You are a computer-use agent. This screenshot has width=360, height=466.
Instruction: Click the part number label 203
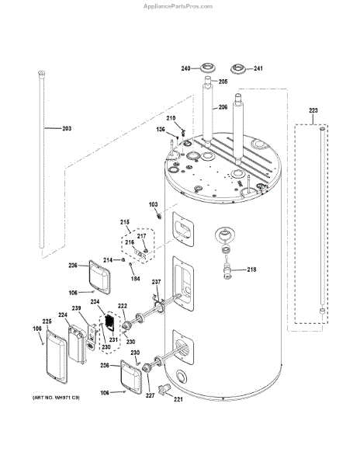tap(67, 128)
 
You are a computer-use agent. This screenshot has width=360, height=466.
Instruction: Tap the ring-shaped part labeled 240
tap(207, 68)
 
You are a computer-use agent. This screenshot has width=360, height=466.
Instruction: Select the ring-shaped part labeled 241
tap(238, 68)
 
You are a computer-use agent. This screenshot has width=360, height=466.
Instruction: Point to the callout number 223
tap(313, 110)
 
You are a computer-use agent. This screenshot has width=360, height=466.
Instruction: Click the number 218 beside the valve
tap(251, 270)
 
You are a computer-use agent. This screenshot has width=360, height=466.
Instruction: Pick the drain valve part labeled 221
tap(164, 389)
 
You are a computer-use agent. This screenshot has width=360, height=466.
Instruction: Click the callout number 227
tap(151, 395)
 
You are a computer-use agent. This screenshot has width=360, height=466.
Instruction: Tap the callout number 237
tap(157, 282)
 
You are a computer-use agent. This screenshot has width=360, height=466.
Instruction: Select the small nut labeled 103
tap(159, 215)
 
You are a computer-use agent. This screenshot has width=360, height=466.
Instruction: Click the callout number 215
tap(125, 222)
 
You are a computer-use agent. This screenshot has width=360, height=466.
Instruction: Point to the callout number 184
tap(135, 279)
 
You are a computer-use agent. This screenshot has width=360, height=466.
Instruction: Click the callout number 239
tap(76, 308)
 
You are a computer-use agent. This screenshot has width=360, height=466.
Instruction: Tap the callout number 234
tap(95, 301)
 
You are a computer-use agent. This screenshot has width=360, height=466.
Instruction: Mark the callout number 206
tap(223, 107)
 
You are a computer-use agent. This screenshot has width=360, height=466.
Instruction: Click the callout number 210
tap(171, 118)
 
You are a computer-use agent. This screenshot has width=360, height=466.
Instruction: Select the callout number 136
tap(161, 129)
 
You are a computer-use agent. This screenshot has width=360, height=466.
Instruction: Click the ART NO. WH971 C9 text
tap(56, 398)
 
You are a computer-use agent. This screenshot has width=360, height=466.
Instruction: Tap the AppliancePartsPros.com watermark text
tap(178, 6)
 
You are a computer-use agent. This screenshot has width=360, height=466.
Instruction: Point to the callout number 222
tap(123, 306)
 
